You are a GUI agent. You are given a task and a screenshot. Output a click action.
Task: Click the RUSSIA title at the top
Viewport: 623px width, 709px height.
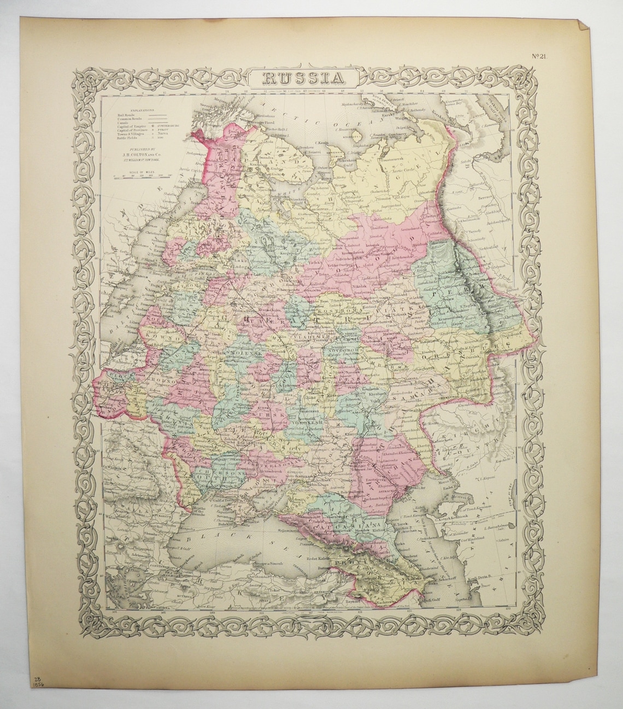pyautogui.click(x=305, y=77)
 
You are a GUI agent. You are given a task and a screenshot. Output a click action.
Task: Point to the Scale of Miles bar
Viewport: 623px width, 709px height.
pyautogui.click(x=138, y=176)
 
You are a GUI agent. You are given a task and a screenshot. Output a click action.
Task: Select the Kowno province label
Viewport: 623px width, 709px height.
pyautogui.click(x=155, y=339)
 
